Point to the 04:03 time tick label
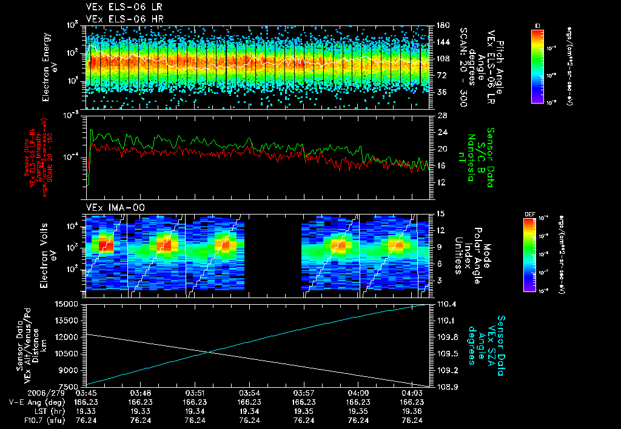pyautogui.click(x=412, y=393)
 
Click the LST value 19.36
pyautogui.click(x=412, y=411)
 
